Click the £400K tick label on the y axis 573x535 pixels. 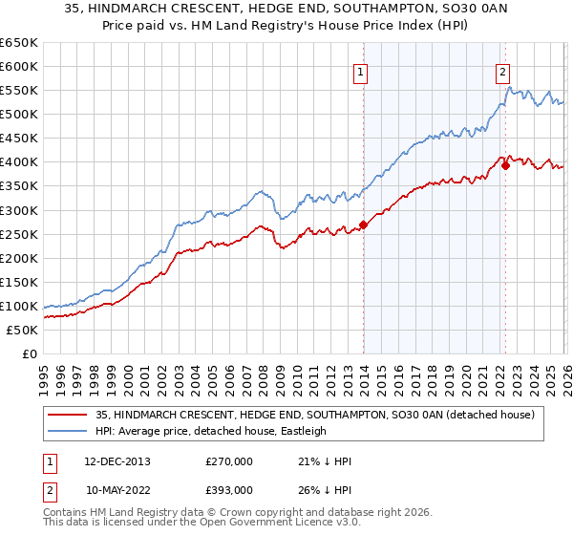[x=19, y=162]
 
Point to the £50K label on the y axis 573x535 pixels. [x=22, y=330]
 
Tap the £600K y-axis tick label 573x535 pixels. [x=19, y=67]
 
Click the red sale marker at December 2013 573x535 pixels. [x=363, y=225]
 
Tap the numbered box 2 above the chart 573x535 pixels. [x=502, y=70]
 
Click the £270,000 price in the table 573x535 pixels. [x=229, y=461]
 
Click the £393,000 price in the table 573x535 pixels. [x=229, y=488]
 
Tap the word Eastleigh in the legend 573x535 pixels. [x=303, y=431]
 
